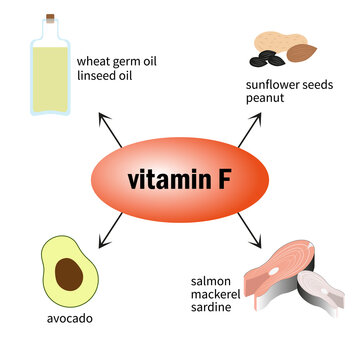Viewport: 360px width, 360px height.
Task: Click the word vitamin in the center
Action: (164, 180)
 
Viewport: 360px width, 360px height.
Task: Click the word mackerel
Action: (217, 294)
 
